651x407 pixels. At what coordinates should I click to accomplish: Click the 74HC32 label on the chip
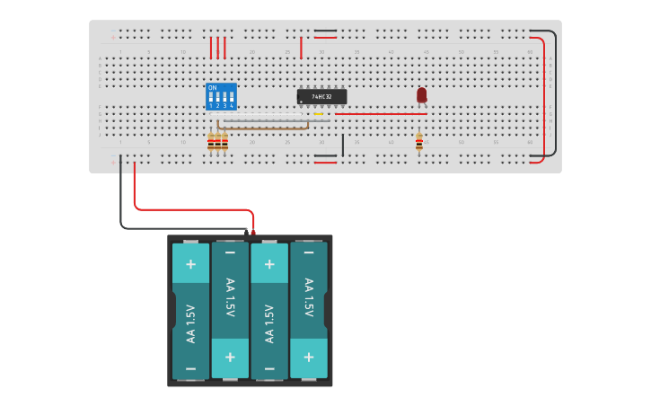[321, 96]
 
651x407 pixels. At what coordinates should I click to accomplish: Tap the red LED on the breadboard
[421, 94]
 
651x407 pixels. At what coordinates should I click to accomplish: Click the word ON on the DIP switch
[212, 88]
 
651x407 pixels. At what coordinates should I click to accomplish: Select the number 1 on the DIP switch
[212, 106]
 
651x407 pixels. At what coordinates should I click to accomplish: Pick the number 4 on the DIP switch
[232, 106]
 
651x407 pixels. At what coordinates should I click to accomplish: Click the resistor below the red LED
[418, 142]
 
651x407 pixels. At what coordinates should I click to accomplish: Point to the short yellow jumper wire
[318, 114]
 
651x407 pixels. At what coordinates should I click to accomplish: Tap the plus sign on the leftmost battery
[190, 264]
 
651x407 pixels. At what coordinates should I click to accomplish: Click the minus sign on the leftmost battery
[190, 368]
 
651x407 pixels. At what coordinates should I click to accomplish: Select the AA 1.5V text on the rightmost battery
[308, 297]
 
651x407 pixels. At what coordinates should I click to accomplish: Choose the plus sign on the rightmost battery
[308, 357]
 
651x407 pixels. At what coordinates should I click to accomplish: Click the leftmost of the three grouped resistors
[211, 142]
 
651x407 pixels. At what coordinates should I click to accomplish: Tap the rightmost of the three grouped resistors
[224, 142]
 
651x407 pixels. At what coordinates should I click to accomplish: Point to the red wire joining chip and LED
[377, 114]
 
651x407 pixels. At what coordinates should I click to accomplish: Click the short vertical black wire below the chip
[342, 146]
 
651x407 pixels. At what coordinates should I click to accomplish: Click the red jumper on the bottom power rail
[325, 163]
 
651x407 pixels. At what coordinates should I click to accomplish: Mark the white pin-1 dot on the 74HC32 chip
[301, 102]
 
